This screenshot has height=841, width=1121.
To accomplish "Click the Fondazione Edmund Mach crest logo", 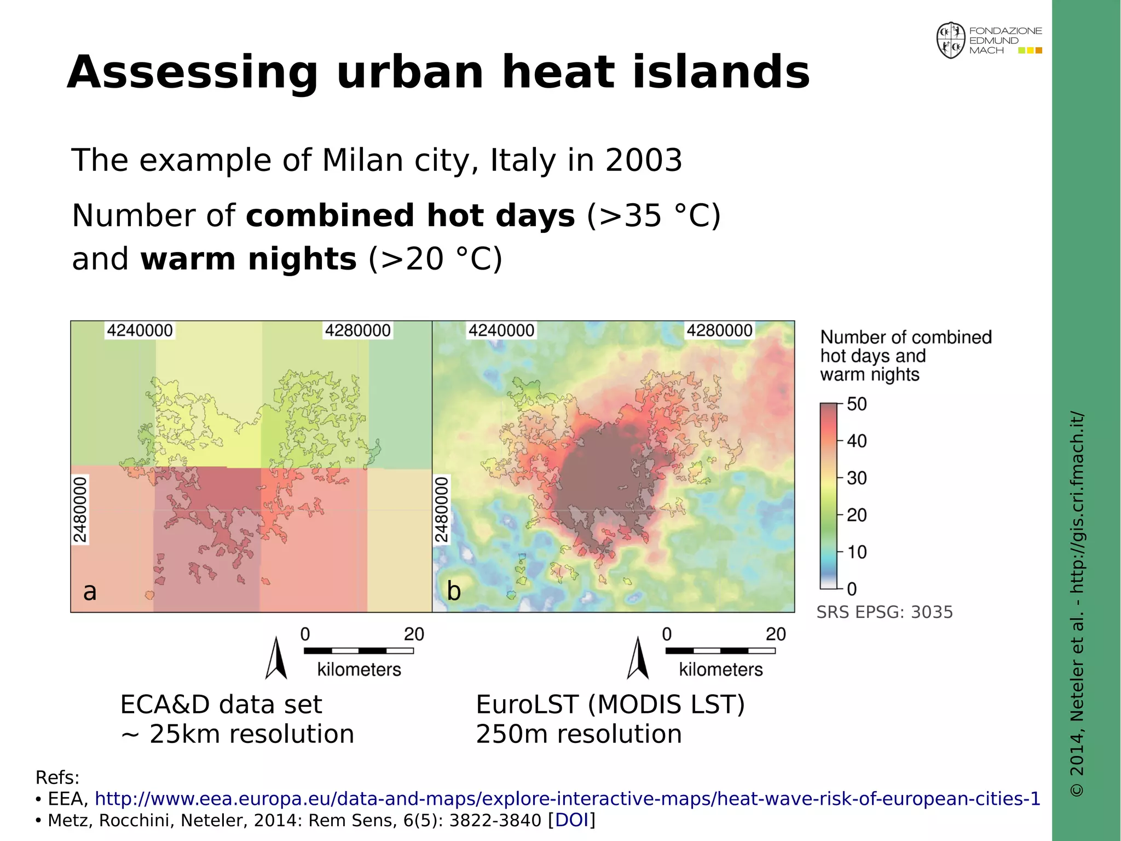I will pyautogui.click(x=951, y=41).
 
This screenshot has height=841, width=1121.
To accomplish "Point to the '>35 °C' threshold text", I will pyautogui.click(x=654, y=215).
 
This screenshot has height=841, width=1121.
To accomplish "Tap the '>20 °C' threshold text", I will pyautogui.click(x=435, y=259).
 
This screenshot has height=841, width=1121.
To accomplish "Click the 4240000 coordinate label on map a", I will pyautogui.click(x=140, y=330).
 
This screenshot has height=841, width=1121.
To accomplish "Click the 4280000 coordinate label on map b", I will pyautogui.click(x=719, y=330).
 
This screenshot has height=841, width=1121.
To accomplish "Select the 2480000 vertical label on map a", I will pyautogui.click(x=80, y=510).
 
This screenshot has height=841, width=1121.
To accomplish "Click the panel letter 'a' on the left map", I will pyautogui.click(x=90, y=591).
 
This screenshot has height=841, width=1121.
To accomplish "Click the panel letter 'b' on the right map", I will pyautogui.click(x=453, y=591).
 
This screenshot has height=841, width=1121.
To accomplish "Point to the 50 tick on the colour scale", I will pyautogui.click(x=857, y=404).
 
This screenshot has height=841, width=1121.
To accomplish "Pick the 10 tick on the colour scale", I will pyautogui.click(x=857, y=552).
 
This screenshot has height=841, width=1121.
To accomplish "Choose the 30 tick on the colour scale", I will pyautogui.click(x=857, y=478).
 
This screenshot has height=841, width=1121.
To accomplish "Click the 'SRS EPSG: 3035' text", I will pyautogui.click(x=885, y=612).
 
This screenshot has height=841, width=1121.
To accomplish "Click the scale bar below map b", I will pyautogui.click(x=720, y=650).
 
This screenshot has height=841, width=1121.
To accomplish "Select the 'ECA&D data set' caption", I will pyautogui.click(x=221, y=705).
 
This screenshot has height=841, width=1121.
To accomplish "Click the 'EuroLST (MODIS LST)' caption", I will pyautogui.click(x=610, y=705).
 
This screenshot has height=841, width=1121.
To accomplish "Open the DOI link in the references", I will pyautogui.click(x=571, y=820).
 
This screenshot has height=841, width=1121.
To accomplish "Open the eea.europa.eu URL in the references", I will pyautogui.click(x=567, y=799).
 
